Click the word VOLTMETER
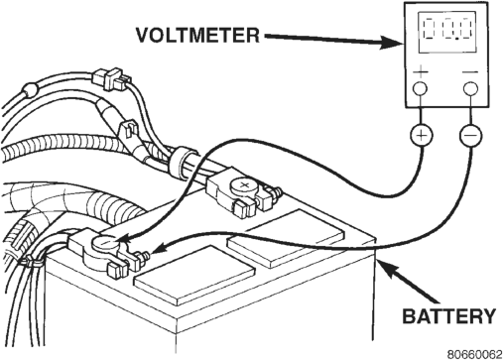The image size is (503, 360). pyautogui.click(x=197, y=35)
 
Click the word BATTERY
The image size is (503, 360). pyautogui.click(x=448, y=316)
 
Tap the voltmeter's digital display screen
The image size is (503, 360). pyautogui.click(x=447, y=33)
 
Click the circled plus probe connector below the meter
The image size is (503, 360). pyautogui.click(x=422, y=136)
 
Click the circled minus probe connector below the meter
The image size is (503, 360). pyautogui.click(x=470, y=136)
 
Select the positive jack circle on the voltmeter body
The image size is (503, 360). pyautogui.click(x=420, y=88)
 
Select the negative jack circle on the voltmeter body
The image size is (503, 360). pyautogui.click(x=470, y=88)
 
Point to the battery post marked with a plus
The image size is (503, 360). pyautogui.click(x=244, y=187)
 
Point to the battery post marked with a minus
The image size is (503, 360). pyautogui.click(x=105, y=245)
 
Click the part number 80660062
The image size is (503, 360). pyautogui.click(x=475, y=354)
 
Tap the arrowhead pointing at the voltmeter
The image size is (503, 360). pyautogui.click(x=391, y=43)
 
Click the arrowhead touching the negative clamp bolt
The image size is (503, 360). pyautogui.click(x=160, y=248)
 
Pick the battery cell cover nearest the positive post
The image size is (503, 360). pyautogui.click(x=286, y=238)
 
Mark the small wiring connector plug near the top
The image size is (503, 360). pyautogui.click(x=112, y=78)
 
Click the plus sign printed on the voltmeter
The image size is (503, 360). pyautogui.click(x=421, y=71)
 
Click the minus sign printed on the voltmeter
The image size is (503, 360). pyautogui.click(x=470, y=71)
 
